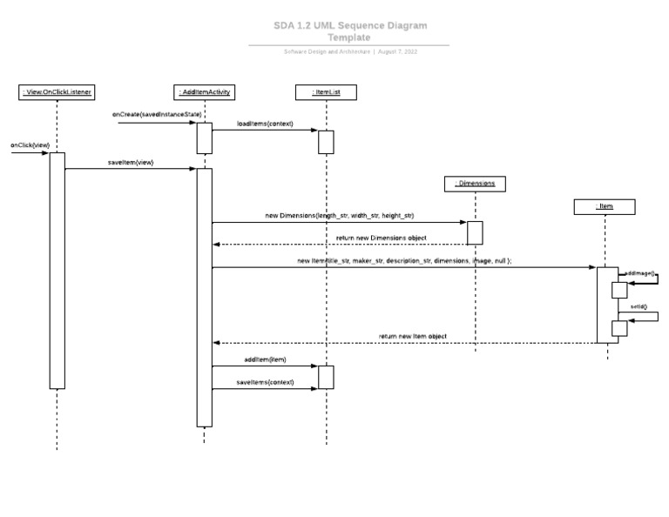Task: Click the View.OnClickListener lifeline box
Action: click(x=57, y=91)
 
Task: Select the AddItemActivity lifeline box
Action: click(x=204, y=91)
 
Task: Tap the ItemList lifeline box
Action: click(x=325, y=91)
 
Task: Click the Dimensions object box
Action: click(x=475, y=184)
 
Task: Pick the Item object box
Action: click(x=605, y=206)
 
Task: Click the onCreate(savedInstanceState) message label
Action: click(x=157, y=114)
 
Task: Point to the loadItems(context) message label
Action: click(x=265, y=124)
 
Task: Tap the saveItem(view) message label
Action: click(x=131, y=162)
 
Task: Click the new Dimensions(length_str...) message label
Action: click(x=340, y=214)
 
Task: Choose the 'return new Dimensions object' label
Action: click(x=381, y=237)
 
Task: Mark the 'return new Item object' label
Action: click(x=412, y=335)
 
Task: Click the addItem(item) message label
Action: click(x=265, y=359)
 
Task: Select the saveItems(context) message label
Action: click(x=265, y=381)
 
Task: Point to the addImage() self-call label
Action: click(x=640, y=273)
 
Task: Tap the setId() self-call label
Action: click(x=639, y=307)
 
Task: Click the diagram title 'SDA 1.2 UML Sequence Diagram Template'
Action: click(x=349, y=31)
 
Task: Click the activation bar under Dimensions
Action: click(x=475, y=232)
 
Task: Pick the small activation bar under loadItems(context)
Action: click(x=325, y=142)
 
